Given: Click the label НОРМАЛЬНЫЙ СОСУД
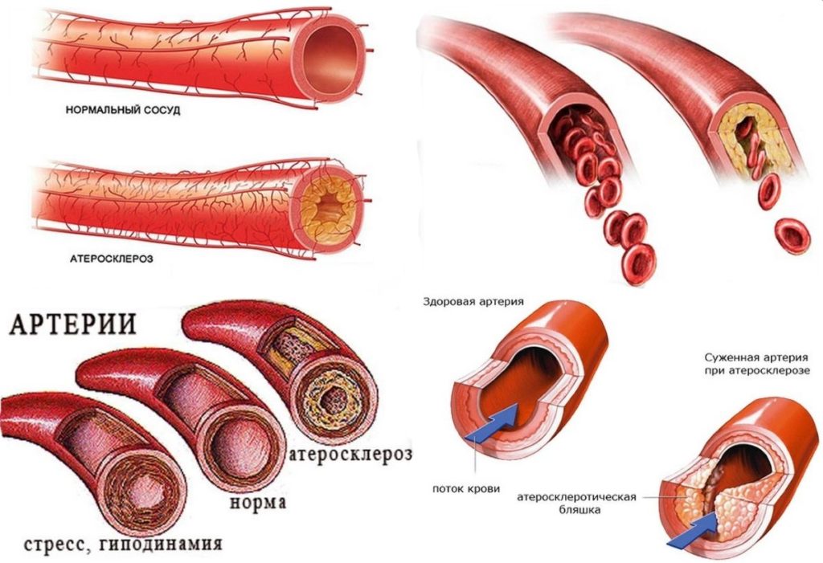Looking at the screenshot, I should [x=122, y=111].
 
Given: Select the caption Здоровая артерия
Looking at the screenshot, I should [x=473, y=302].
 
